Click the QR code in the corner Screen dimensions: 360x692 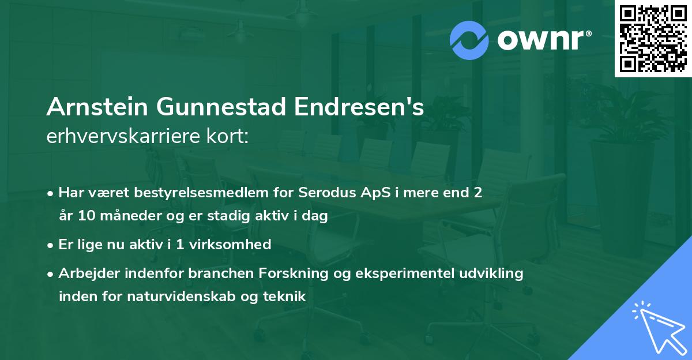pos(653,39)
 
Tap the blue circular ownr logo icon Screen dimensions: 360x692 pos(469,40)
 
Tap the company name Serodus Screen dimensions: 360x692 pos(324,192)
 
